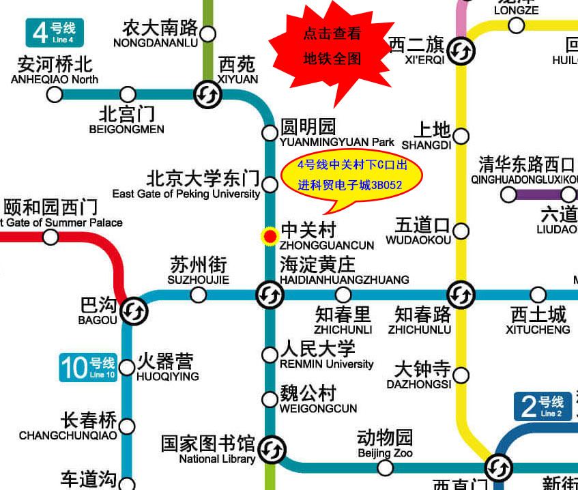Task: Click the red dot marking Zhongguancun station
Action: (270, 236)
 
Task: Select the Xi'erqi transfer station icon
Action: (461, 49)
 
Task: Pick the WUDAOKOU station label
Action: (418, 240)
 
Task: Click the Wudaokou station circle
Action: (461, 231)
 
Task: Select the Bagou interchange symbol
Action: (134, 311)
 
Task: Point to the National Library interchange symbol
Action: (272, 448)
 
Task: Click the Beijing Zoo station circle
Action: (386, 467)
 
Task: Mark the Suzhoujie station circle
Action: (199, 295)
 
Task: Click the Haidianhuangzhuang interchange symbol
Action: (270, 295)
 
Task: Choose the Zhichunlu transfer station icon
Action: (461, 295)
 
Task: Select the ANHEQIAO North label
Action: (55, 79)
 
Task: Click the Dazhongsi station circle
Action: (461, 375)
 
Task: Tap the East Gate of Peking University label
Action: (186, 194)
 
